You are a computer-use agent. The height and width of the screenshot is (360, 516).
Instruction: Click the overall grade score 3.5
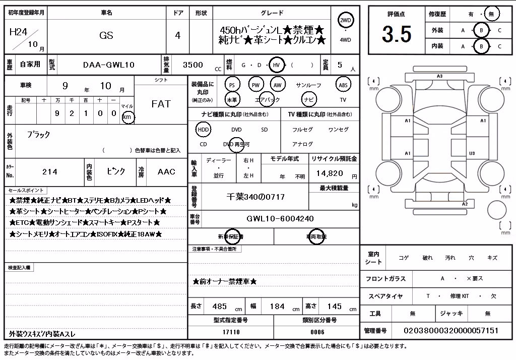[x=397, y=34]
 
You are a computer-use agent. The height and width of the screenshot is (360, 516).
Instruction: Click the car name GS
[x=106, y=35]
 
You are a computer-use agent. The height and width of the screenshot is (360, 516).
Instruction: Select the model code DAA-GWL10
[x=109, y=65]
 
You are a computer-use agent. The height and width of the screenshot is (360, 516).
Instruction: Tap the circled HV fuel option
[x=277, y=65]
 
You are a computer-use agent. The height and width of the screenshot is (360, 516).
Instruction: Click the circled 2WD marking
[x=345, y=21]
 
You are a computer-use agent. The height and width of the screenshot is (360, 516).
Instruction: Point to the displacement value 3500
[x=193, y=65]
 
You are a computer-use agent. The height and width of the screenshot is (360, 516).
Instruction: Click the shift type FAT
[x=161, y=104]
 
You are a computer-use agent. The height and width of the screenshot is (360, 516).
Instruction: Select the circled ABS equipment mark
[x=343, y=85]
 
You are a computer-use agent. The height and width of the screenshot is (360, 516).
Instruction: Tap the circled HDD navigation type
[x=204, y=130]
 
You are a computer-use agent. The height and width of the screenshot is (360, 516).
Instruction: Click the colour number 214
[x=50, y=171]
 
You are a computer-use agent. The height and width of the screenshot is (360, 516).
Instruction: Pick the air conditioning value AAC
[x=166, y=171]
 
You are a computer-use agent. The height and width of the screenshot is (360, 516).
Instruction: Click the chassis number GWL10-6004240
[x=280, y=218]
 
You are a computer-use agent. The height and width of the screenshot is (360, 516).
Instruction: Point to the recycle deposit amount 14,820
[x=330, y=173]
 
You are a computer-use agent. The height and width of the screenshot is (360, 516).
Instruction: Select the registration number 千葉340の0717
[x=255, y=197]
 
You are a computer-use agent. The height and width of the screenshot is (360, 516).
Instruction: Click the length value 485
[x=220, y=307]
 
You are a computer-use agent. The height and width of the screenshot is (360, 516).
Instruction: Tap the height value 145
[x=335, y=307]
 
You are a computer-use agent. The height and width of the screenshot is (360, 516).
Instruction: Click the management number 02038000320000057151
[x=451, y=331]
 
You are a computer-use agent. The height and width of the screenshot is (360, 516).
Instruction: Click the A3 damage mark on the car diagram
[x=439, y=76]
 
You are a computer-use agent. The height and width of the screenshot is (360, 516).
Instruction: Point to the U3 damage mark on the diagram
[x=472, y=153]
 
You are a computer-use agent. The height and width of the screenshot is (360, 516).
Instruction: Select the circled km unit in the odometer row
[x=127, y=117]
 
